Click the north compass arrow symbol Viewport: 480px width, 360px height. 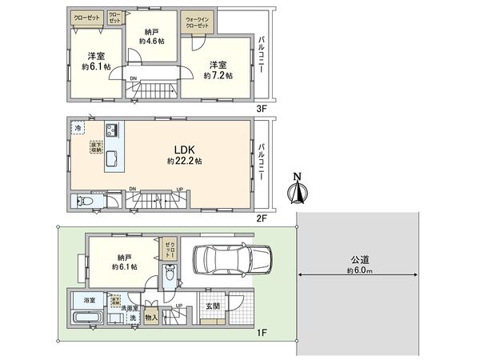298,190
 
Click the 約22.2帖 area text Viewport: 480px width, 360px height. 185,161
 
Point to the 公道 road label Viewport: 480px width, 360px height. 360,259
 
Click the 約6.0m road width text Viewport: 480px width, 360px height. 360,270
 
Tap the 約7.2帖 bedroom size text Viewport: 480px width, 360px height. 218,75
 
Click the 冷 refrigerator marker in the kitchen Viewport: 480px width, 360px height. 78,127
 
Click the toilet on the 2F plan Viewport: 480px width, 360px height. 81,202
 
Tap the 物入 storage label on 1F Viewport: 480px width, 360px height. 152,318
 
